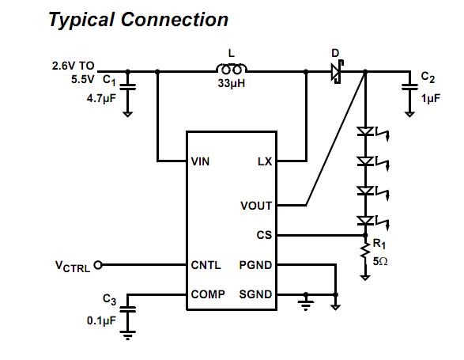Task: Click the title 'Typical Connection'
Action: [x=138, y=19]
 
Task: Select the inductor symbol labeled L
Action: [x=231, y=70]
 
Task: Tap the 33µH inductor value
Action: [x=231, y=83]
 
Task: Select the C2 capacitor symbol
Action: [x=409, y=85]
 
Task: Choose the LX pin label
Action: [x=265, y=161]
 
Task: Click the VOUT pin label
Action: [x=256, y=206]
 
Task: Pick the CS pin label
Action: [x=265, y=235]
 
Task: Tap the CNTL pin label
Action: [x=206, y=265]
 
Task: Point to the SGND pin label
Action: [x=255, y=294]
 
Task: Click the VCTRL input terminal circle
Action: [x=98, y=265]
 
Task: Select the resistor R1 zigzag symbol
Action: [x=365, y=252]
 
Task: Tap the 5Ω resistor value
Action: [x=380, y=261]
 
